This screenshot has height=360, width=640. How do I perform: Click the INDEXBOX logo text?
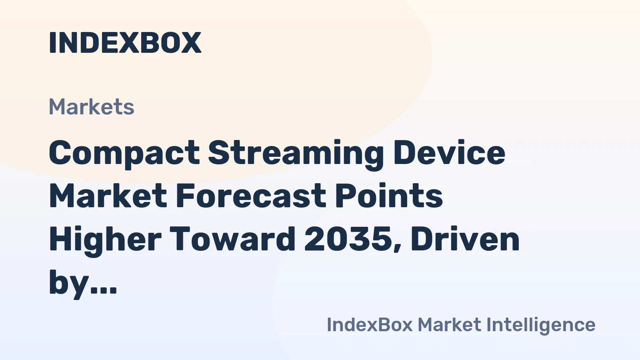[x=125, y=43]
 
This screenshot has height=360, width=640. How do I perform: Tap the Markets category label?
[x=92, y=107]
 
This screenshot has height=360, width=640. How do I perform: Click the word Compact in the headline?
[x=124, y=153]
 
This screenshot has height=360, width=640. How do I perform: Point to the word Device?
[x=449, y=153]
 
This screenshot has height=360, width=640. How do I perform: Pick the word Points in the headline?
[x=389, y=196]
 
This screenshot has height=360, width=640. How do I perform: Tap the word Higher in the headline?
[x=105, y=239]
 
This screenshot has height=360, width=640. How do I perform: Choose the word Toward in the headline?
[x=233, y=239]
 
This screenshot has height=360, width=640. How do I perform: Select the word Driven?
[x=465, y=239]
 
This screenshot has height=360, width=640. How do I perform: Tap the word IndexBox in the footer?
[x=370, y=325]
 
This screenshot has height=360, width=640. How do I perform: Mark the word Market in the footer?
[x=449, y=325]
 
